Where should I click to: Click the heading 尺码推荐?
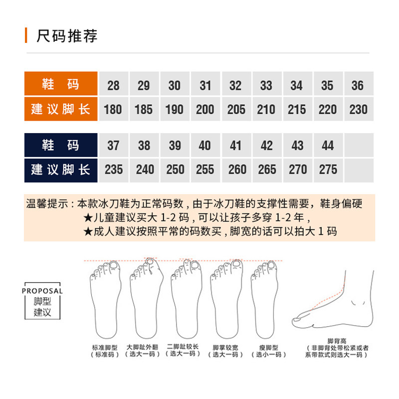tap(67, 36)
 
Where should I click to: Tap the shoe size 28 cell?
tap(113, 85)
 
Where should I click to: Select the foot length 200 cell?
tap(205, 109)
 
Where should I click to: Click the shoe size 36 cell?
tap(358, 85)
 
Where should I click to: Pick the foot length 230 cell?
tap(358, 109)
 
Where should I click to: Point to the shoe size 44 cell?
tap(328, 146)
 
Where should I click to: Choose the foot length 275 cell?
tap(328, 170)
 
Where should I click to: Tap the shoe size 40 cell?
tap(205, 146)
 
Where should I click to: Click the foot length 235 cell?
tap(114, 170)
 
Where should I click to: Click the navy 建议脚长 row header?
tap(60, 170)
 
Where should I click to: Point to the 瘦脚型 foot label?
tap(268, 347)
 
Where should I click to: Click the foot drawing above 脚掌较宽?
tap(226, 299)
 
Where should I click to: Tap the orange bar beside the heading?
tap(26, 36)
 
